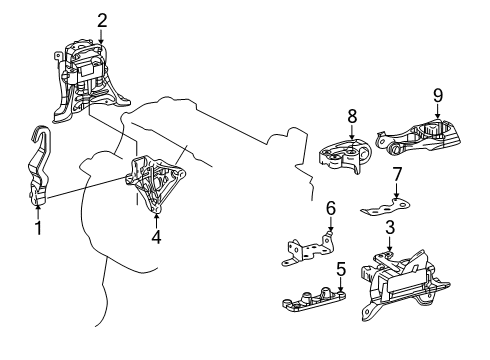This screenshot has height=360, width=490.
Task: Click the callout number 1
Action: (x=38, y=228)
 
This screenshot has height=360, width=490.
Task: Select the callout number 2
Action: (x=102, y=21)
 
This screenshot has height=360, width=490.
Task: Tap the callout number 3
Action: (x=390, y=227)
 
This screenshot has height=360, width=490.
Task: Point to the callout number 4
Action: (x=156, y=237)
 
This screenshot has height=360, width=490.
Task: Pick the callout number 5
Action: (x=341, y=269)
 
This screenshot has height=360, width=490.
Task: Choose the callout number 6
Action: (x=331, y=208)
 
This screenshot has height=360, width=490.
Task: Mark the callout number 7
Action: (x=397, y=174)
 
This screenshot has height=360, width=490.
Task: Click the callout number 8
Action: (x=352, y=116)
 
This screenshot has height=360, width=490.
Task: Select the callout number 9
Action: (x=438, y=95)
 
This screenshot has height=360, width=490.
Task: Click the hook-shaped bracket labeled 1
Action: (x=39, y=167)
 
